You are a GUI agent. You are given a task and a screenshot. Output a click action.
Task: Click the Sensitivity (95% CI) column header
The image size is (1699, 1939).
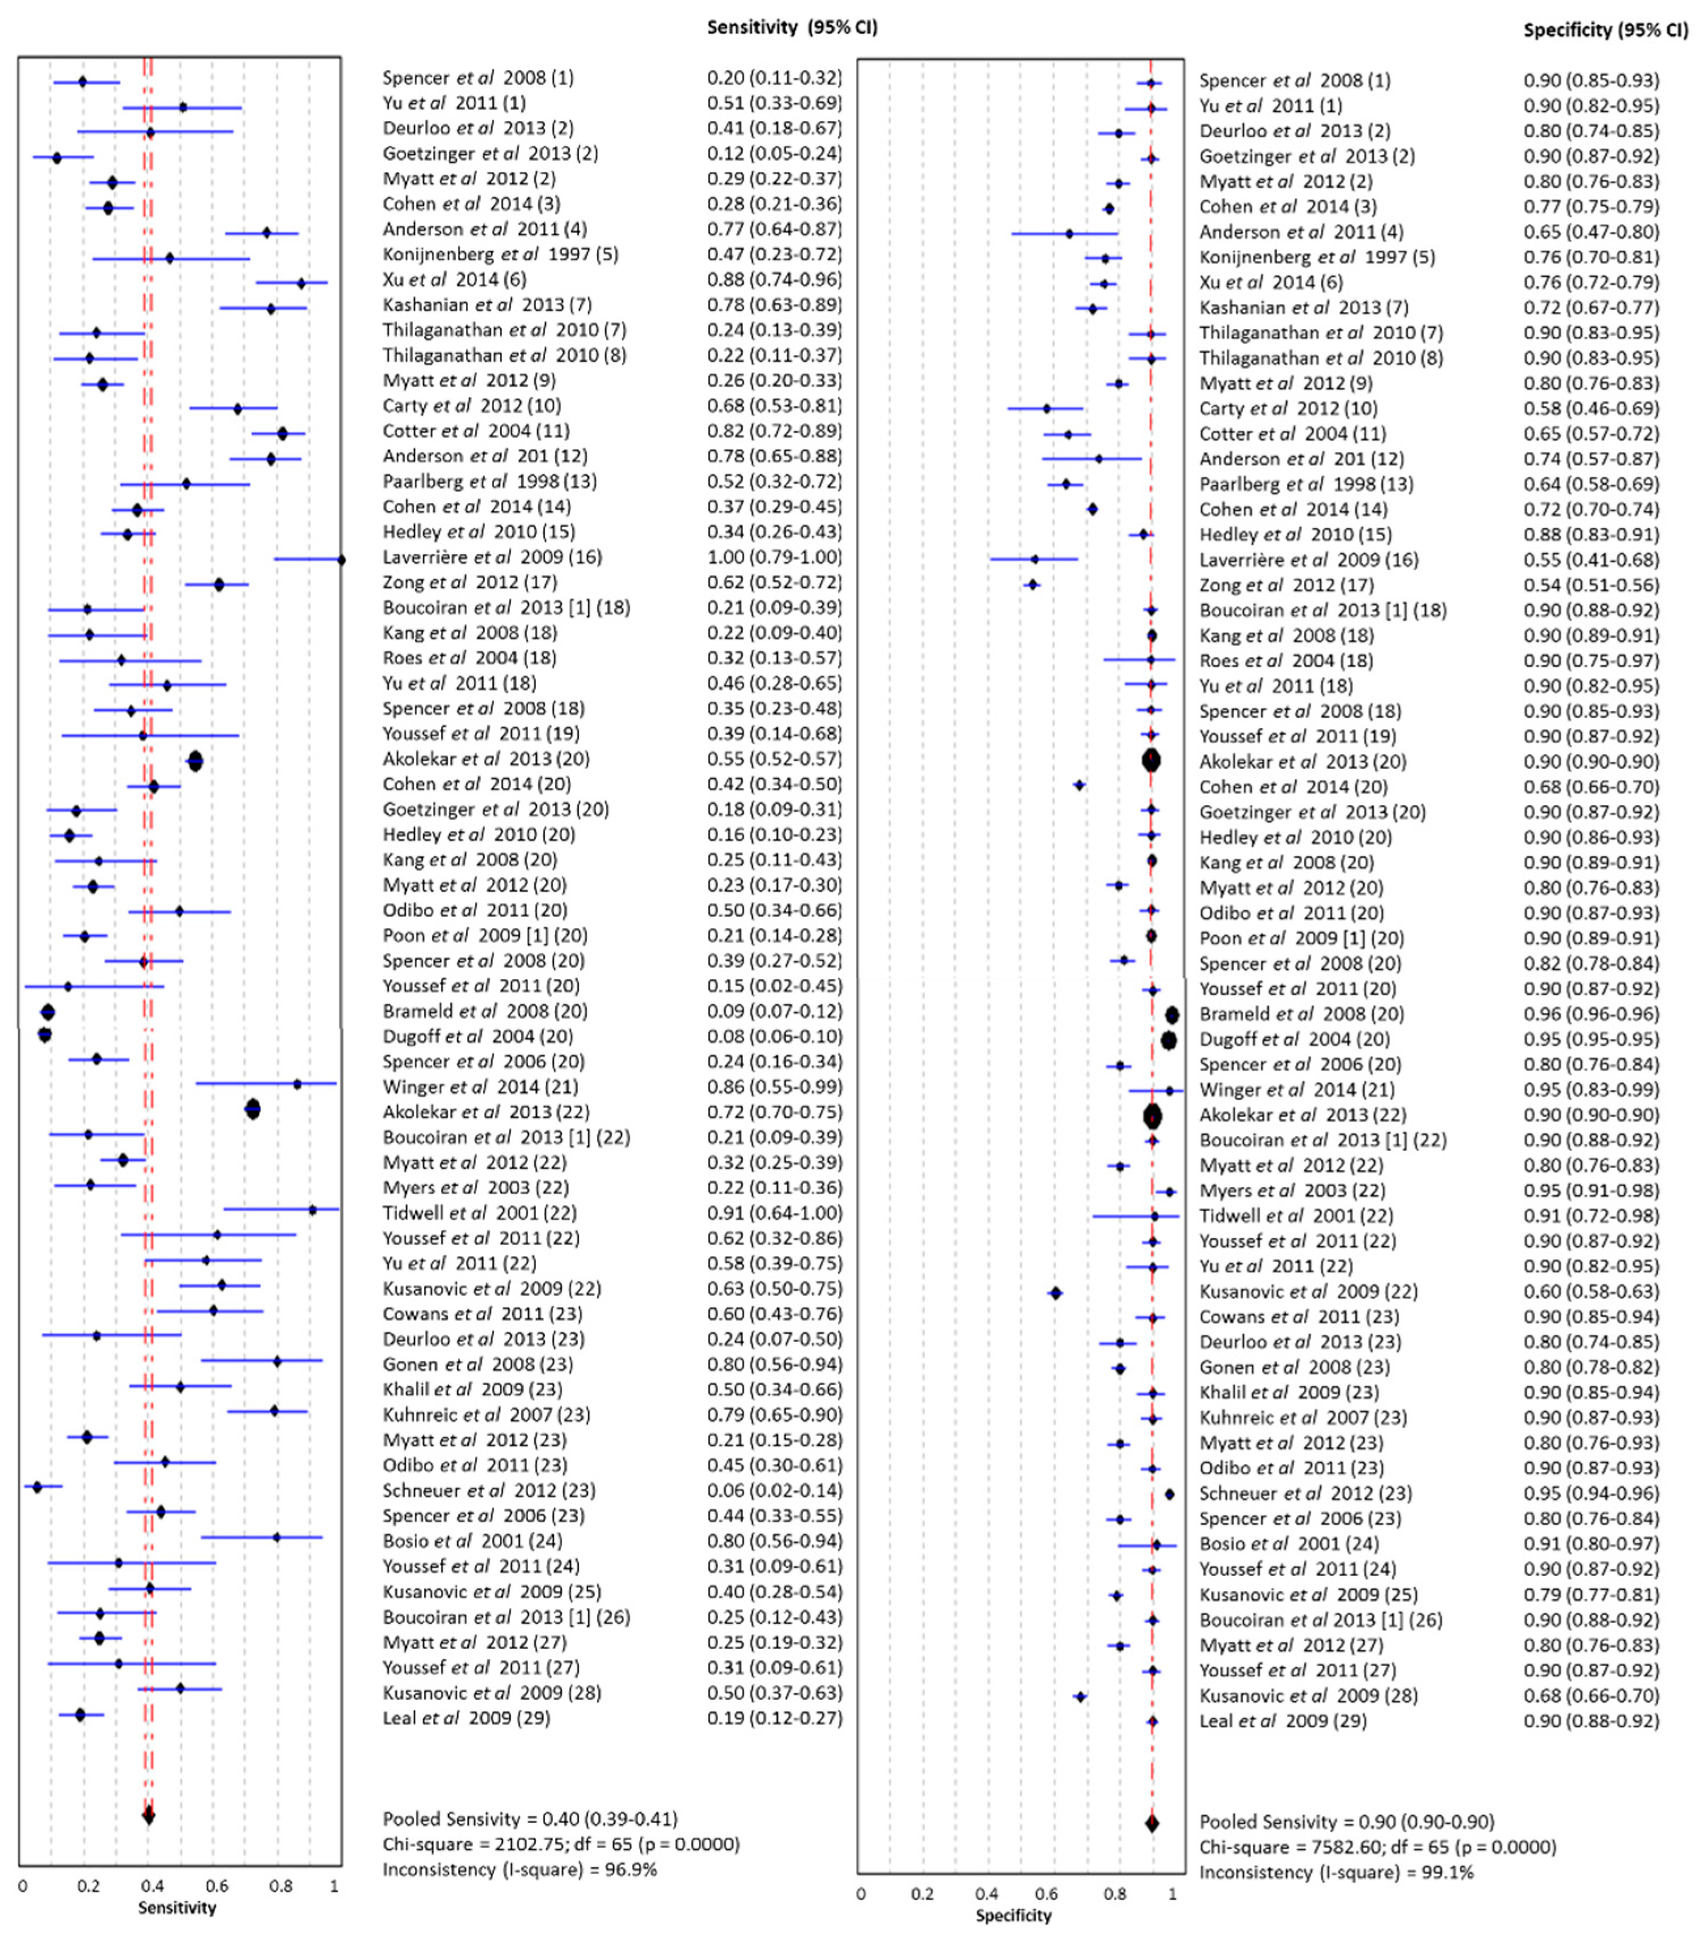(792, 28)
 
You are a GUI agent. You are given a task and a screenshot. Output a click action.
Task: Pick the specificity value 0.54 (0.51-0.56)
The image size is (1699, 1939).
(1591, 585)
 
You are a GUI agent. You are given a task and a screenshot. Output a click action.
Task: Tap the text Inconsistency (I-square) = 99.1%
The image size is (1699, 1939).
(1336, 1872)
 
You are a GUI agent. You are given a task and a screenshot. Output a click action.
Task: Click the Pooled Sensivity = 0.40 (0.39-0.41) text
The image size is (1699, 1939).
(530, 1819)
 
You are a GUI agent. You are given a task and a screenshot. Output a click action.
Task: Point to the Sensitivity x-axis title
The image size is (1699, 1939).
(178, 1908)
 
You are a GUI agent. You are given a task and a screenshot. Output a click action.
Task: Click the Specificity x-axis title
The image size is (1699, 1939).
(1014, 1915)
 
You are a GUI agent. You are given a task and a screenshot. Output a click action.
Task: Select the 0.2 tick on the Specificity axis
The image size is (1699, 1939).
(923, 1894)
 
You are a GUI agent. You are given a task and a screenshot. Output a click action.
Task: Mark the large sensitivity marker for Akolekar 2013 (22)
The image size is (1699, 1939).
(252, 1110)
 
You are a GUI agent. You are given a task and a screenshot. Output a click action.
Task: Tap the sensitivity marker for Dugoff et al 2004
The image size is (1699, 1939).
(45, 1035)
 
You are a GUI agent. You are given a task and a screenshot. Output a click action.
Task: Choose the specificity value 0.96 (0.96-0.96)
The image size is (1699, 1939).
(1591, 1014)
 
